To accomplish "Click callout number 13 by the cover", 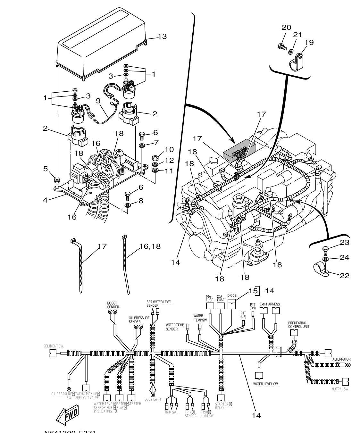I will point(162,36).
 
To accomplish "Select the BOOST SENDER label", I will point(113,305).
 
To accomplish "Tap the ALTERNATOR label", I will point(341,359).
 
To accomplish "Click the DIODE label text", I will point(232,296).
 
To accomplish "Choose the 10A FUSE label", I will point(209,298).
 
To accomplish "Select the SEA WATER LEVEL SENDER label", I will point(159,304).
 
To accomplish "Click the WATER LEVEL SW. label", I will point(266,384).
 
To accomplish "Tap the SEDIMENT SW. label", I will point(54,346).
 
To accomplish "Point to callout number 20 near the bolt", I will point(286,28).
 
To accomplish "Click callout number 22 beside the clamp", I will point(344,276).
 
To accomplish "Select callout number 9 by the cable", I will point(98,101).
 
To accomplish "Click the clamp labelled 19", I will point(297,62).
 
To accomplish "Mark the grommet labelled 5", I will point(57,180).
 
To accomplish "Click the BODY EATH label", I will point(153,399).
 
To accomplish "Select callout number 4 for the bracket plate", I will point(46,200).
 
